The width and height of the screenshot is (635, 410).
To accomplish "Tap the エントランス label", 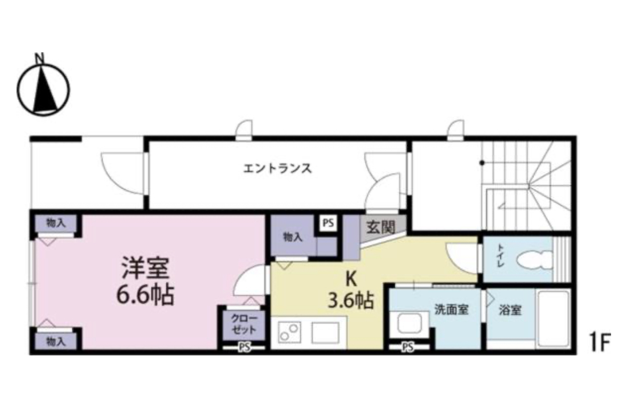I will (277, 168).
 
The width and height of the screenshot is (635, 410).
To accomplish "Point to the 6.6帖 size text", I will (145, 295).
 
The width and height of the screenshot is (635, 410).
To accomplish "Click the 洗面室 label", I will (451, 310).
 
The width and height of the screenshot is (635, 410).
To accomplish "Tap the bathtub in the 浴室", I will (554, 318).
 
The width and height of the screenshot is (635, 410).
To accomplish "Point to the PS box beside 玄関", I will (328, 223).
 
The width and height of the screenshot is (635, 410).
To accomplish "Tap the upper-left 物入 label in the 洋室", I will (55, 223).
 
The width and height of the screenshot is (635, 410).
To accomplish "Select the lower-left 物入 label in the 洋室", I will (55, 341).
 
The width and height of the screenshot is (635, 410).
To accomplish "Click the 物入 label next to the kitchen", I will (293, 237).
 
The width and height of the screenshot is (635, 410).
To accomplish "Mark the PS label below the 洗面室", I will (407, 347).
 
